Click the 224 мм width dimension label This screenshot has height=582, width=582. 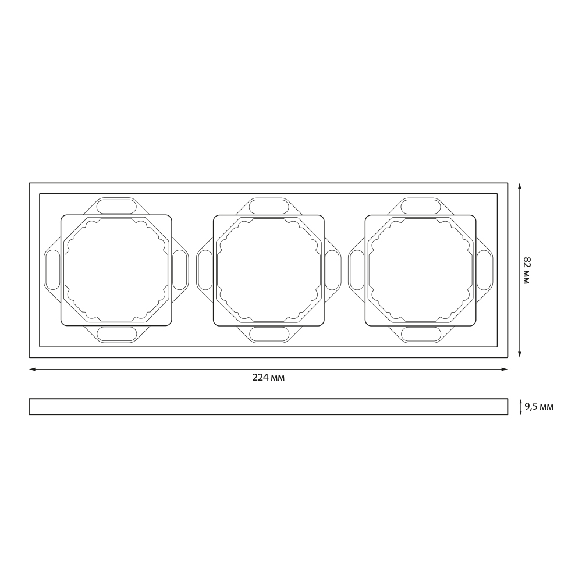(268, 378)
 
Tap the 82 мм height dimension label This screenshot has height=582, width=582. (526, 270)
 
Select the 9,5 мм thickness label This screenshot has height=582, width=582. (539, 407)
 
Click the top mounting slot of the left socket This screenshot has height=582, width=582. (116, 207)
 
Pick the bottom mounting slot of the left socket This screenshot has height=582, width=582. (116, 334)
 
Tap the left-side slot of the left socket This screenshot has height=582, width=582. (52, 270)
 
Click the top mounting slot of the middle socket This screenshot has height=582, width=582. (269, 207)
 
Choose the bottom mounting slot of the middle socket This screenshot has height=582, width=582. (269, 334)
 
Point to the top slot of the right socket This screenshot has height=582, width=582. (421, 207)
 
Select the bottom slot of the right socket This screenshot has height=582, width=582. (421, 334)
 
